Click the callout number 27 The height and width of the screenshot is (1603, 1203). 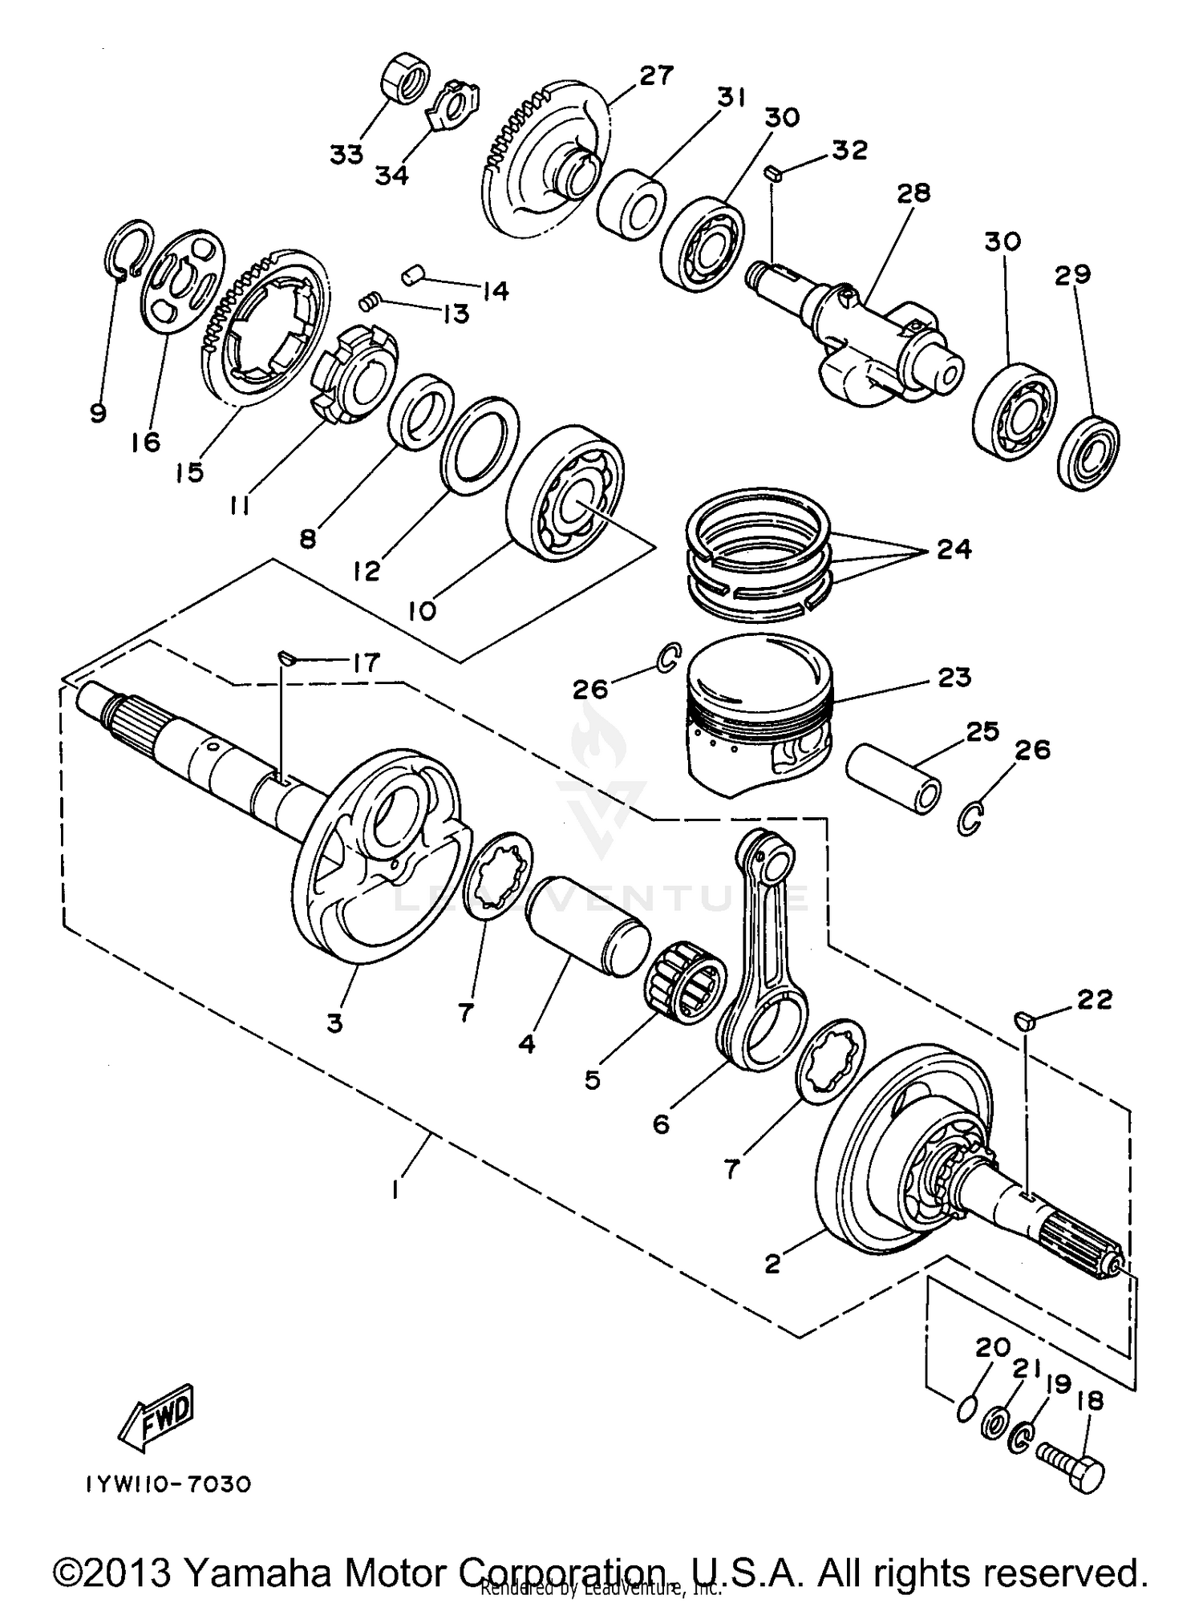656,76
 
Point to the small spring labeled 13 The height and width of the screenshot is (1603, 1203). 369,302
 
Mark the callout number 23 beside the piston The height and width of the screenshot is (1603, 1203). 954,678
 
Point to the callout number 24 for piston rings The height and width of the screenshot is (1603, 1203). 954,549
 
